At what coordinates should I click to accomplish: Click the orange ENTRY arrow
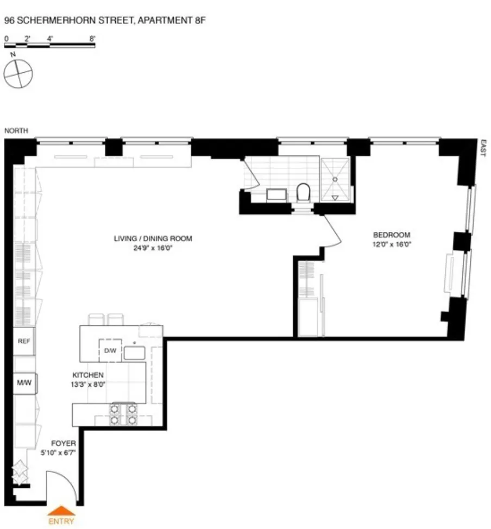(60, 511)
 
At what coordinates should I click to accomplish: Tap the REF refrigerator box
(24, 342)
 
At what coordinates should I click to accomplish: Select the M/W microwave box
(24, 382)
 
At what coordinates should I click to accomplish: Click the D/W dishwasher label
(110, 351)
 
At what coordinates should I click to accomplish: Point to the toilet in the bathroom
(303, 192)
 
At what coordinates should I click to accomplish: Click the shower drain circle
(335, 179)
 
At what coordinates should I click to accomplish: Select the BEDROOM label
(391, 235)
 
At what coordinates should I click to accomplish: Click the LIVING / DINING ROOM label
(153, 238)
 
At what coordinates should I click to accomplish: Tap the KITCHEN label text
(88, 375)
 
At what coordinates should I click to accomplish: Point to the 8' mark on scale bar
(93, 39)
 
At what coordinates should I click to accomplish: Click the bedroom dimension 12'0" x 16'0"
(392, 244)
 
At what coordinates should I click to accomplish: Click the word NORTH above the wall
(16, 130)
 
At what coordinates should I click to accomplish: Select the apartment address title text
(105, 21)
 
